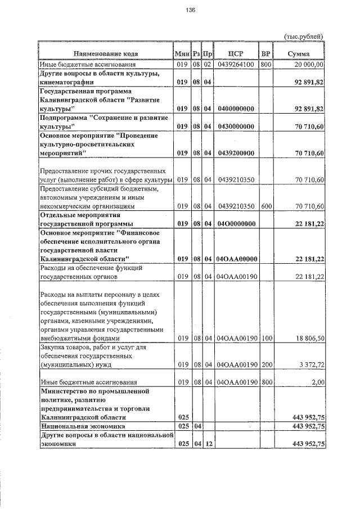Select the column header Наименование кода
click(x=105, y=53)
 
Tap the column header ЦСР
click(x=236, y=53)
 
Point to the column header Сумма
click(x=299, y=53)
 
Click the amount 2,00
click(x=317, y=382)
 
